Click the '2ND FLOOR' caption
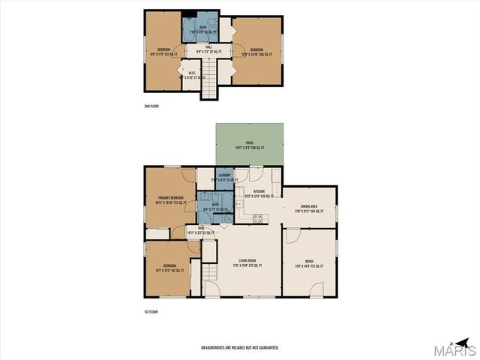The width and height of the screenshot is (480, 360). pyautogui.click(x=151, y=106)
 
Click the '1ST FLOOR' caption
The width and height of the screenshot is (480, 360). pyautogui.click(x=151, y=311)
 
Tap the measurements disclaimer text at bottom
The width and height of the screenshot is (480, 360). pyautogui.click(x=240, y=348)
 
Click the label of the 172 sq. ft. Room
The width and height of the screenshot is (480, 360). pyautogui.click(x=308, y=265)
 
